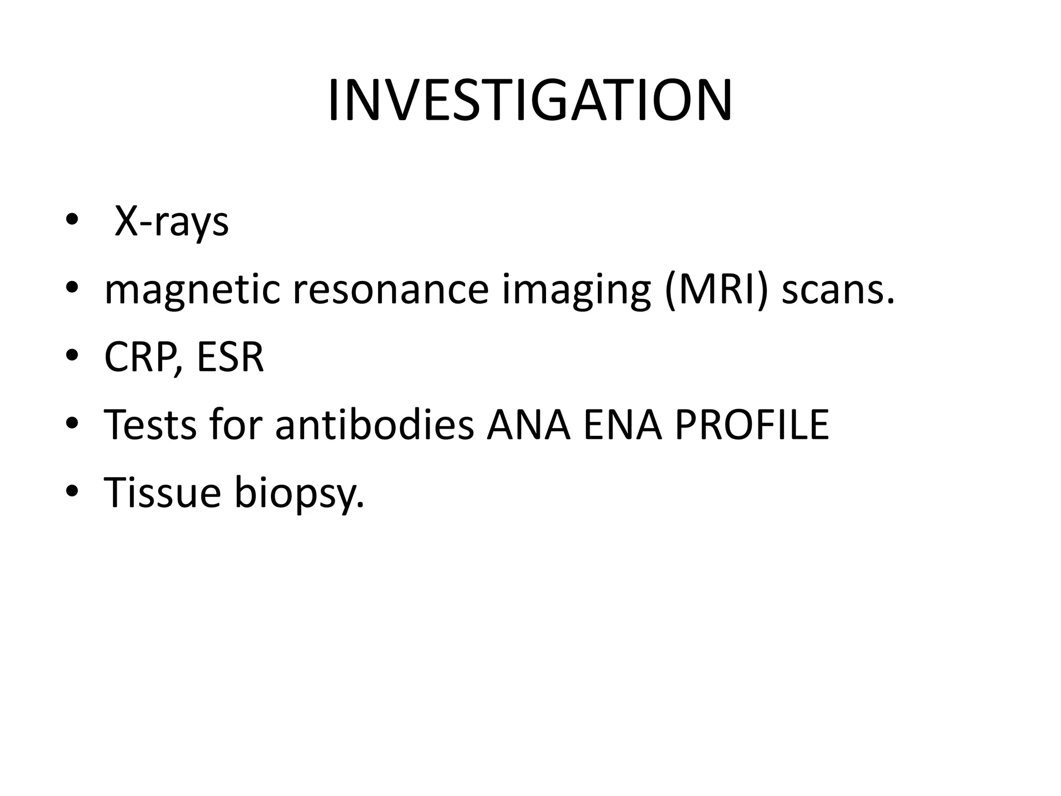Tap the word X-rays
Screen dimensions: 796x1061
[x=171, y=222]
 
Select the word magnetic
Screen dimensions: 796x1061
[x=192, y=290]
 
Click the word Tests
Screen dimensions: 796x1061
[x=151, y=424]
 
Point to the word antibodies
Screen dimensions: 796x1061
[x=375, y=424]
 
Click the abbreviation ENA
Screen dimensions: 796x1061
[x=623, y=424]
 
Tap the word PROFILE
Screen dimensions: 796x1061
[x=752, y=424]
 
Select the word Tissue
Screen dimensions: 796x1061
[x=163, y=492]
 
